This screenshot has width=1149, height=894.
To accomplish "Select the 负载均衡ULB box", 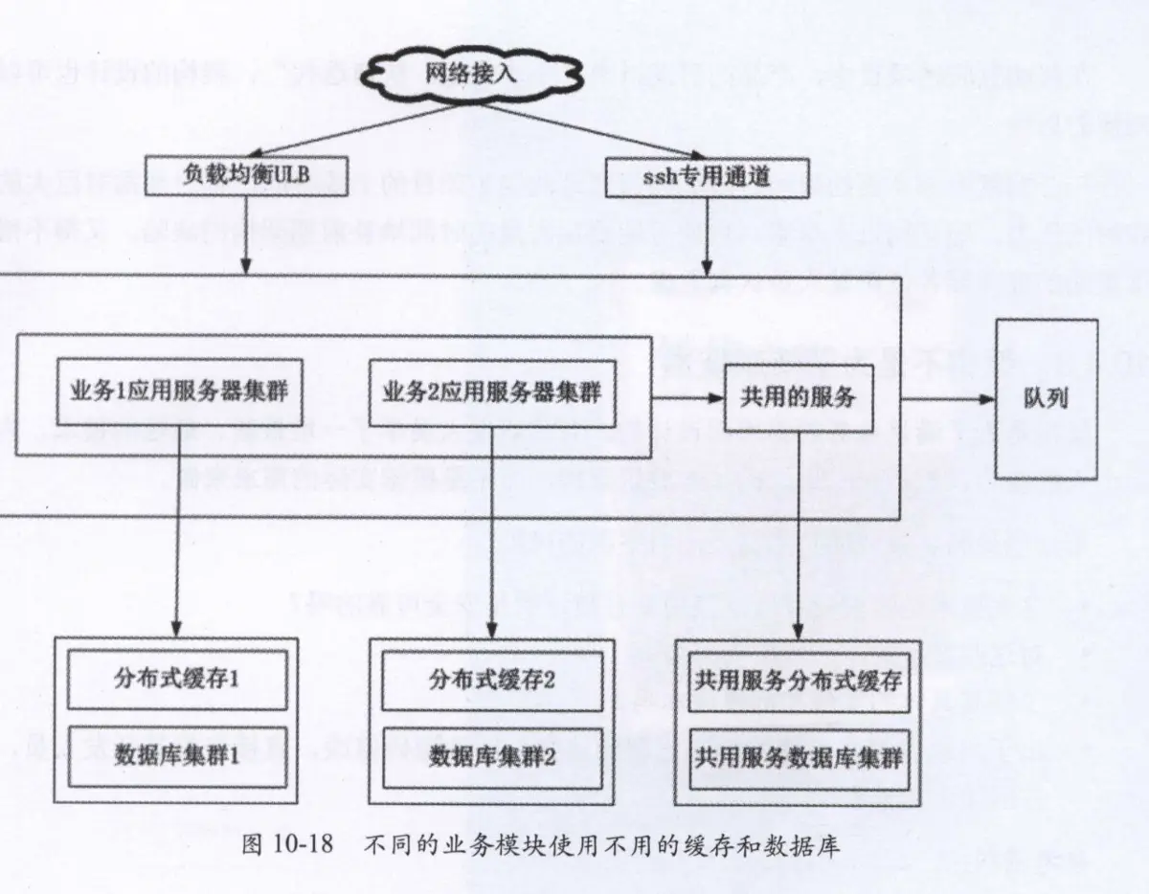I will pos(247,176).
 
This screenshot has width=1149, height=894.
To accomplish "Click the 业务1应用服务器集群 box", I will pos(180,391).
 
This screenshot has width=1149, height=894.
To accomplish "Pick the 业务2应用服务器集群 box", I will pos(491,391).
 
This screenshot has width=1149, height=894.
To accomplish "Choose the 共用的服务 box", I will pos(798,396).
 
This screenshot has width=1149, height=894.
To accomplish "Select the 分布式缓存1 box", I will pos(177,681).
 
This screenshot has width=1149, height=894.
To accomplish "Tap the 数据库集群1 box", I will pos(177,756).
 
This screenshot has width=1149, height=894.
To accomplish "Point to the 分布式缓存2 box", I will pos(492,681).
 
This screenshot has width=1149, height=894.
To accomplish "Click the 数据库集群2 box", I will pos(492,756).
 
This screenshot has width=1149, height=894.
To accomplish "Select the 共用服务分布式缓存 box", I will pos(798,681).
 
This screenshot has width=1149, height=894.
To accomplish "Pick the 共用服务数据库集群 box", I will pos(798,756).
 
